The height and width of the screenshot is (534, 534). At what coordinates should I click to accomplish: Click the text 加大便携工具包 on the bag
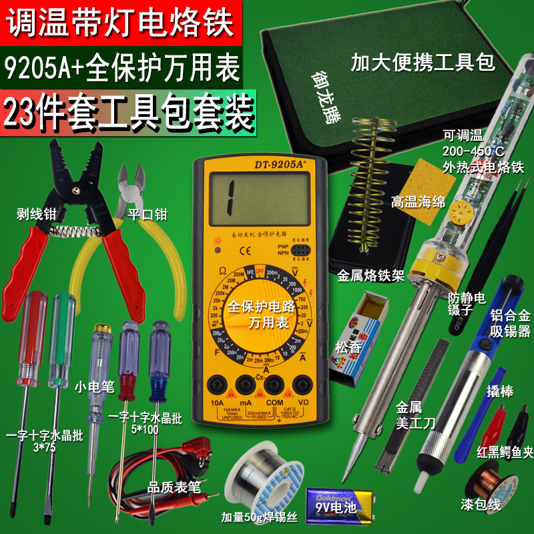pyautogui.click(x=423, y=64)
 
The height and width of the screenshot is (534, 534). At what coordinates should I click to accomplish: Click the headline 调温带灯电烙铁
pyautogui.click(x=121, y=21)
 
